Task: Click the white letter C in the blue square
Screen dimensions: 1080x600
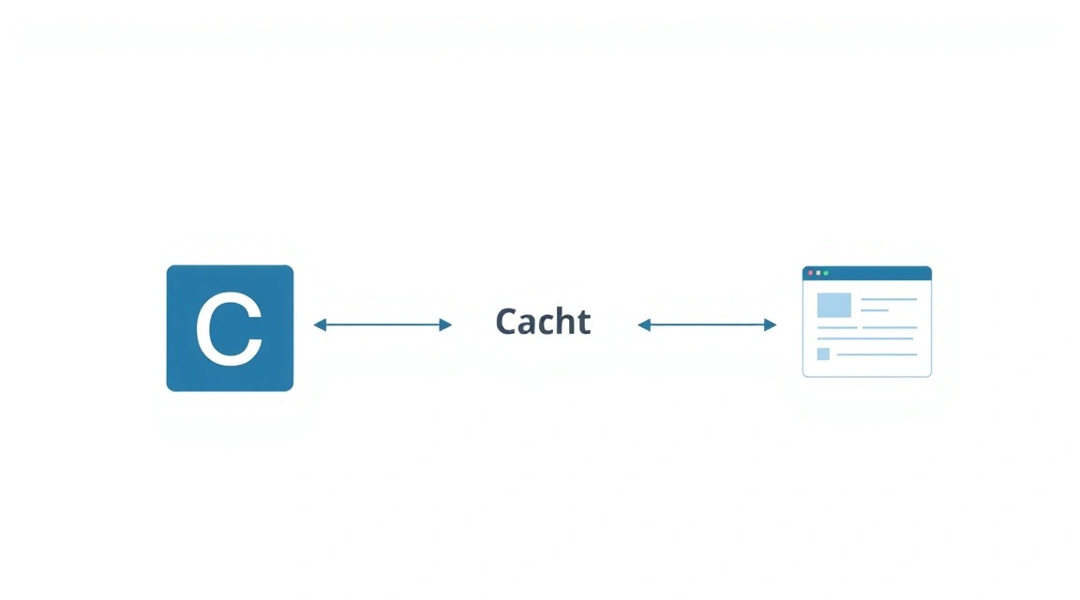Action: pos(229,329)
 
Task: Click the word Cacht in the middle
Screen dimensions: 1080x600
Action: pos(543,322)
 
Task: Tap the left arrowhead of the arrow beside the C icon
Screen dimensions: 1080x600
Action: pos(320,324)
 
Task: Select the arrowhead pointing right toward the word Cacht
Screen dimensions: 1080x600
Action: pos(445,324)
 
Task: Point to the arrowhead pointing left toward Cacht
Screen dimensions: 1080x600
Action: pos(644,324)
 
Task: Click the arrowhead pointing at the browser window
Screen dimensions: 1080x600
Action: pos(770,324)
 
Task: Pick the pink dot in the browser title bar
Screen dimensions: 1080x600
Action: pos(811,274)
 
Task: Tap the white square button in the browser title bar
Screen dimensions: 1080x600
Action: pos(818,274)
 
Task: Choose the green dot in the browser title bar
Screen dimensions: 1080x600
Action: pos(826,274)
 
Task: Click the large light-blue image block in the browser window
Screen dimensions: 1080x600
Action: pos(834,306)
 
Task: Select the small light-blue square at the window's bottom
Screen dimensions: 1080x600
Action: pos(823,354)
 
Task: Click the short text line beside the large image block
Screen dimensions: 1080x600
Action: pos(875,310)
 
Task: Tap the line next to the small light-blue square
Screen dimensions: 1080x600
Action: pos(877,354)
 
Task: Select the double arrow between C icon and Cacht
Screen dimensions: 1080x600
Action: pos(382,324)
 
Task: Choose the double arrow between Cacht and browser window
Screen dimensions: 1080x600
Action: pos(708,324)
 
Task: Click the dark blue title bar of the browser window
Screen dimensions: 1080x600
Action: pos(867,274)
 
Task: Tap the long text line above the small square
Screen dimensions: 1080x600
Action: pos(865,339)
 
